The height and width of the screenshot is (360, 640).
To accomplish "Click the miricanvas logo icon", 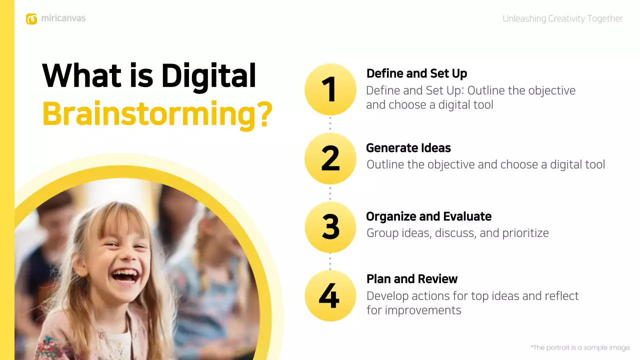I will [31, 19].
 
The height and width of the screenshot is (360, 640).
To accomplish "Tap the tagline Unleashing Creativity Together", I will [562, 19].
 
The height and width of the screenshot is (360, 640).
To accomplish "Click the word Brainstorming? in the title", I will [157, 114].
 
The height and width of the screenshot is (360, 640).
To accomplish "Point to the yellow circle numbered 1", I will [330, 89].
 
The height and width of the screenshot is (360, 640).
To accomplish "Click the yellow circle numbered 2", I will [330, 158].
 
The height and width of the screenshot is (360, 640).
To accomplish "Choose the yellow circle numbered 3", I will [330, 227].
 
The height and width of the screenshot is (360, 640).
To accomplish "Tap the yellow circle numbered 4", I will [330, 295].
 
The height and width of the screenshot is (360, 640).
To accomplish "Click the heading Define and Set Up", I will [416, 73].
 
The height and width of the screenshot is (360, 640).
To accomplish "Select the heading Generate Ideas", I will [408, 148].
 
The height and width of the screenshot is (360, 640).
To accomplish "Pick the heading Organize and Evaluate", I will [428, 216].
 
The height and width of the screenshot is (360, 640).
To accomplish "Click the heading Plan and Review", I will [412, 279].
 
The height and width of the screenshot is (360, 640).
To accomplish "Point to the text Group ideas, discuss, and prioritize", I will [457, 233].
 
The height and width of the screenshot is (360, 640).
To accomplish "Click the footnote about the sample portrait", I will [580, 347].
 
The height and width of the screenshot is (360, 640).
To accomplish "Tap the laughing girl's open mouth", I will [125, 276].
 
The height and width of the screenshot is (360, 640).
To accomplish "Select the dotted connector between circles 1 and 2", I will [330, 124].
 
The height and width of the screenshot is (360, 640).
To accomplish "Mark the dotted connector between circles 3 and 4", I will [330, 261].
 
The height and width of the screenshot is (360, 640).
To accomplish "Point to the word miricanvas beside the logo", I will [63, 18].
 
